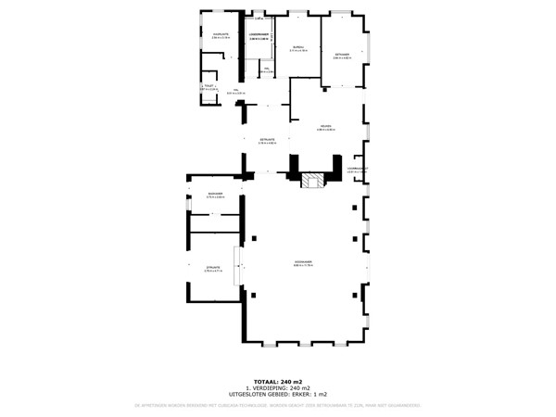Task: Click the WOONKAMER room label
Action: [x=303, y=262]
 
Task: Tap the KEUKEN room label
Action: [x=325, y=126]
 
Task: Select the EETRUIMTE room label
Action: [x=267, y=139]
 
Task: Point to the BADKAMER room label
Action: [x=215, y=193]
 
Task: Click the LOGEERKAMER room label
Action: [x=259, y=35]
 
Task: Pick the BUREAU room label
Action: [x=298, y=46]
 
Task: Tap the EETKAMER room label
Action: [x=342, y=54]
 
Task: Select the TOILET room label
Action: [x=209, y=85]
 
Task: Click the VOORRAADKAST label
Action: [x=358, y=168]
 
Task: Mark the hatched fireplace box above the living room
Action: [x=315, y=181]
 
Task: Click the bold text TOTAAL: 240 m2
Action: [x=278, y=382]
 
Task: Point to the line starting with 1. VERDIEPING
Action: [x=278, y=388]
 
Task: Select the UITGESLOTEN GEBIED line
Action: [x=278, y=395]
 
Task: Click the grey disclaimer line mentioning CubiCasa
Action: [x=278, y=405]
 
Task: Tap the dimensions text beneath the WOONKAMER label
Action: [x=303, y=266]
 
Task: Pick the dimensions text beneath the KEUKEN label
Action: [x=325, y=130]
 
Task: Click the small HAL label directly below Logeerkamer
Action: [x=266, y=69]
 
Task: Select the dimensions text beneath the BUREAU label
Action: [x=298, y=50]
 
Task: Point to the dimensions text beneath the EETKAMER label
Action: [x=342, y=57]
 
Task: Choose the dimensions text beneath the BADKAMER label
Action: [x=215, y=196]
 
